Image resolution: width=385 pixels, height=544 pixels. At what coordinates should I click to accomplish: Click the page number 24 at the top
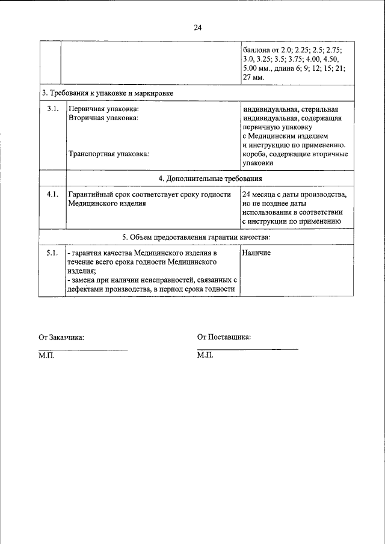(x=198, y=27)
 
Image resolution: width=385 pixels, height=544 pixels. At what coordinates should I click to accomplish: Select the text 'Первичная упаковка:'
(x=103, y=109)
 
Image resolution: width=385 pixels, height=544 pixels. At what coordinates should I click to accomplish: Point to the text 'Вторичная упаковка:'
(x=103, y=118)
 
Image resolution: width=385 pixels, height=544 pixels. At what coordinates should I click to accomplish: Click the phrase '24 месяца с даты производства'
(x=293, y=195)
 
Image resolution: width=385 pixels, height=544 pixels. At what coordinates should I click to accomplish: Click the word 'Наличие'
(x=257, y=253)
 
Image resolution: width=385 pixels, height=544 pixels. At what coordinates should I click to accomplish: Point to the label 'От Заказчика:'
(x=61, y=337)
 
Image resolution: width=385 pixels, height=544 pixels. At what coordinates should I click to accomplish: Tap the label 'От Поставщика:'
(x=224, y=337)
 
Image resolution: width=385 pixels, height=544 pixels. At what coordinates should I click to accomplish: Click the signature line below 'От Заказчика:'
(x=83, y=350)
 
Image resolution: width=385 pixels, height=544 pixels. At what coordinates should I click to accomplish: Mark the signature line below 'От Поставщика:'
(x=247, y=349)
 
